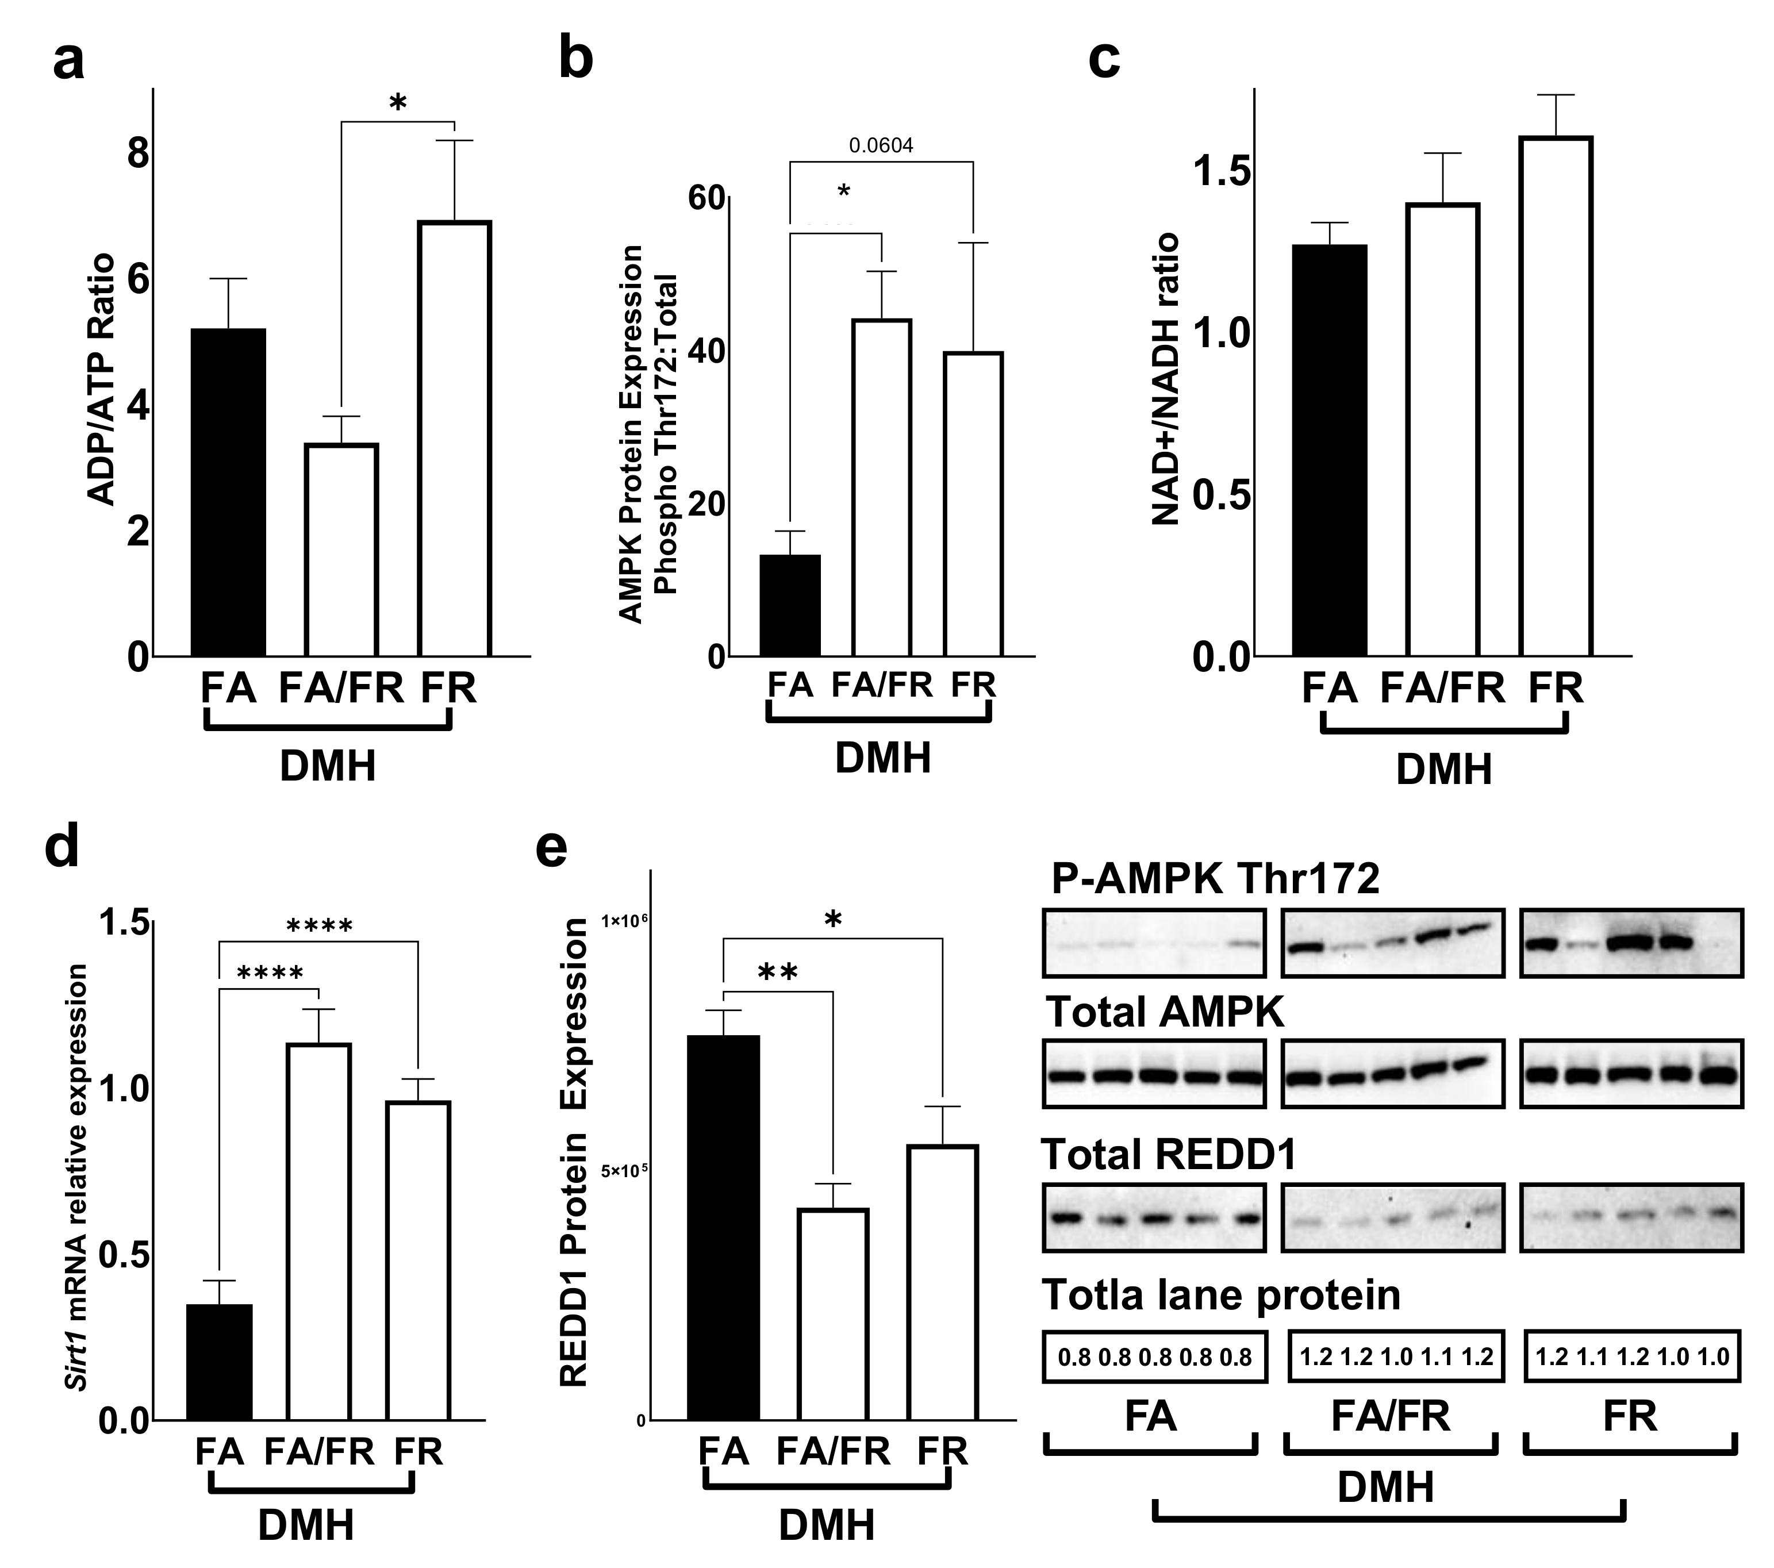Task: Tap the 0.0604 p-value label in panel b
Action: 881,145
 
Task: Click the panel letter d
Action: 63,847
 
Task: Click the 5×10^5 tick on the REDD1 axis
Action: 623,1171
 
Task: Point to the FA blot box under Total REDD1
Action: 1154,1217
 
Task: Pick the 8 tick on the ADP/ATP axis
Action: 137,155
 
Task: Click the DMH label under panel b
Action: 882,758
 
